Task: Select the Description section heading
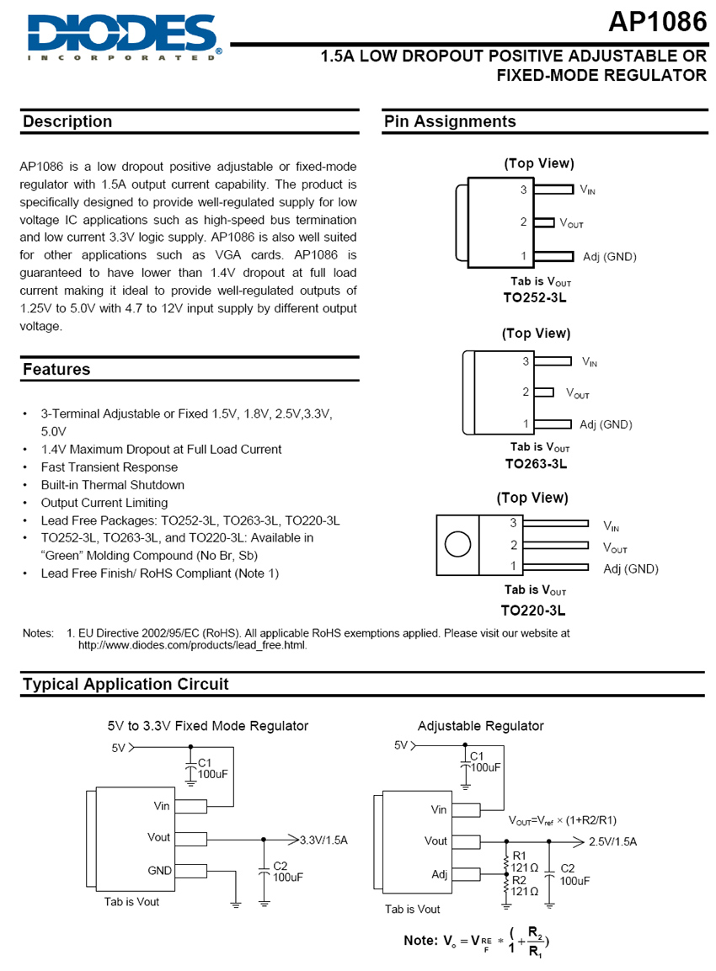[67, 122]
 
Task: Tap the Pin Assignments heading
[450, 122]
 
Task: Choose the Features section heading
[56, 370]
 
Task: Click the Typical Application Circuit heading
[126, 684]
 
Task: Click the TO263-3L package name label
[536, 463]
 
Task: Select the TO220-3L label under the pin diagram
[533, 610]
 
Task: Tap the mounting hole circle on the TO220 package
[457, 545]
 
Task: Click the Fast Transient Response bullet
[109, 467]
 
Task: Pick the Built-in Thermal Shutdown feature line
[112, 485]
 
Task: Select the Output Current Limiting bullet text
[104, 503]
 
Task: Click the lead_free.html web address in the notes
[192, 646]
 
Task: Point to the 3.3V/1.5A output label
[323, 840]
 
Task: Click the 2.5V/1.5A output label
[612, 841]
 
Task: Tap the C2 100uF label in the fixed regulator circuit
[287, 871]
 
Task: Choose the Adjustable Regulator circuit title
[480, 726]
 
